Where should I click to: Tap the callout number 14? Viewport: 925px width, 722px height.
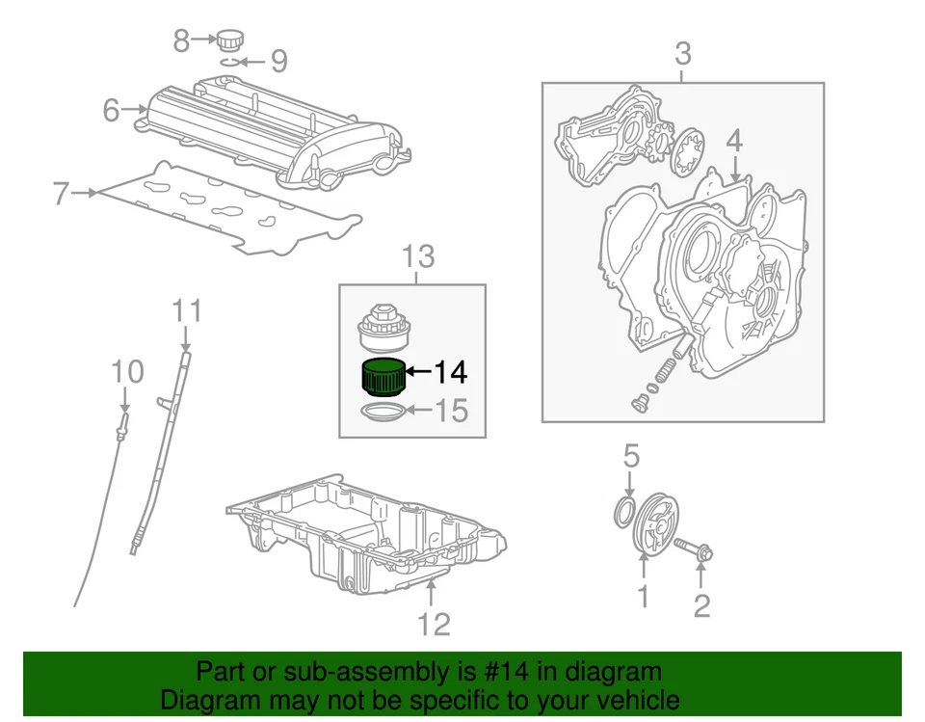point(450,372)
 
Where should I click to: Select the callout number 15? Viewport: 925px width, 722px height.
point(450,412)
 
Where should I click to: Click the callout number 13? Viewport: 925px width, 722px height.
point(418,257)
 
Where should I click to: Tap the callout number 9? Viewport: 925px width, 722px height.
point(277,63)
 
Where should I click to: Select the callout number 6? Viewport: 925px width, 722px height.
point(112,111)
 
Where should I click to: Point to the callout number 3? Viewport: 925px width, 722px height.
point(682,54)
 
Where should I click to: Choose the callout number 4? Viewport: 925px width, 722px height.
point(734,141)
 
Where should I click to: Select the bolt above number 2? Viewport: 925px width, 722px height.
point(697,550)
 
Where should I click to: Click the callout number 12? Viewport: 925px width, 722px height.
point(434,624)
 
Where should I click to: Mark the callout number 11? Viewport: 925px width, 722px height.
point(187,310)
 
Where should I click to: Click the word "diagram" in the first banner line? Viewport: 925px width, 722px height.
point(620,672)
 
